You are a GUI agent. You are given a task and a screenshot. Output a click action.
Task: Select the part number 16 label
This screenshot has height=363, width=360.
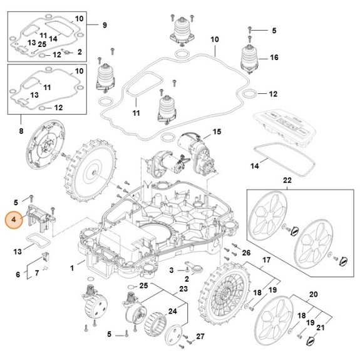(274, 58)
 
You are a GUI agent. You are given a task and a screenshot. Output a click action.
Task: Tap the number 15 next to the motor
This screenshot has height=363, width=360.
(217, 132)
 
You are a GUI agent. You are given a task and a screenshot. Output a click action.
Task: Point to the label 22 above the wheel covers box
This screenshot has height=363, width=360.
(287, 180)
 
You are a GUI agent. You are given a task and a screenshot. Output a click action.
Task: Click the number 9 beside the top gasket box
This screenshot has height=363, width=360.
(105, 25)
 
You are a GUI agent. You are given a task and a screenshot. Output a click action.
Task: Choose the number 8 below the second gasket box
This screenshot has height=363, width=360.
(21, 131)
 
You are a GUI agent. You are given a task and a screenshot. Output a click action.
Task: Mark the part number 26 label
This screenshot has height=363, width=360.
(246, 253)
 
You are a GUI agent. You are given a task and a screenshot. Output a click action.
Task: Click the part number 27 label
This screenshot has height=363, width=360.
(200, 337)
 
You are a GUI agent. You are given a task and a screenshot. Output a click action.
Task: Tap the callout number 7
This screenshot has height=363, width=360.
(37, 272)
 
